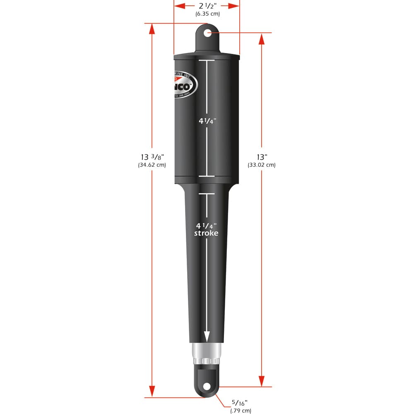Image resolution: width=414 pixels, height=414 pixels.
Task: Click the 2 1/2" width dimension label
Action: pyautogui.click(x=207, y=6)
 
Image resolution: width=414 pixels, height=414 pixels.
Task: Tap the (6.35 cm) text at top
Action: pyautogui.click(x=207, y=14)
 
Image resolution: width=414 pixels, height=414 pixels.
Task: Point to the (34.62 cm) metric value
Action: pyautogui.click(x=152, y=165)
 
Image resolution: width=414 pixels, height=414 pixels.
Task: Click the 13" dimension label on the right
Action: pyautogui.click(x=262, y=157)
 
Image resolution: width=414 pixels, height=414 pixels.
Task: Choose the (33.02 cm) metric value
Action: pyautogui.click(x=262, y=165)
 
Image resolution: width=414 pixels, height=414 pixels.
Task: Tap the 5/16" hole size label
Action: pyautogui.click(x=240, y=403)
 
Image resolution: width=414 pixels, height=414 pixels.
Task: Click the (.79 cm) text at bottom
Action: pyautogui.click(x=241, y=411)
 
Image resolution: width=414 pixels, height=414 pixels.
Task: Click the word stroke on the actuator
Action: pyautogui.click(x=207, y=233)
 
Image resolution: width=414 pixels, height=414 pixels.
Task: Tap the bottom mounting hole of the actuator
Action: pyautogui.click(x=207, y=386)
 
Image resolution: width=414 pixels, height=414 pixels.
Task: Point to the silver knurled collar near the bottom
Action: pyautogui.click(x=207, y=353)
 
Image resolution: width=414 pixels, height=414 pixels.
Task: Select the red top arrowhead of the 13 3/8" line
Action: pyautogui.click(x=152, y=28)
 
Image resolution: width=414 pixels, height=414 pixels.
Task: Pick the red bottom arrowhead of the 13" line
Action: pyautogui.click(x=262, y=381)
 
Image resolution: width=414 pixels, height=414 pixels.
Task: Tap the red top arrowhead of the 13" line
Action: pyautogui.click(x=262, y=38)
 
